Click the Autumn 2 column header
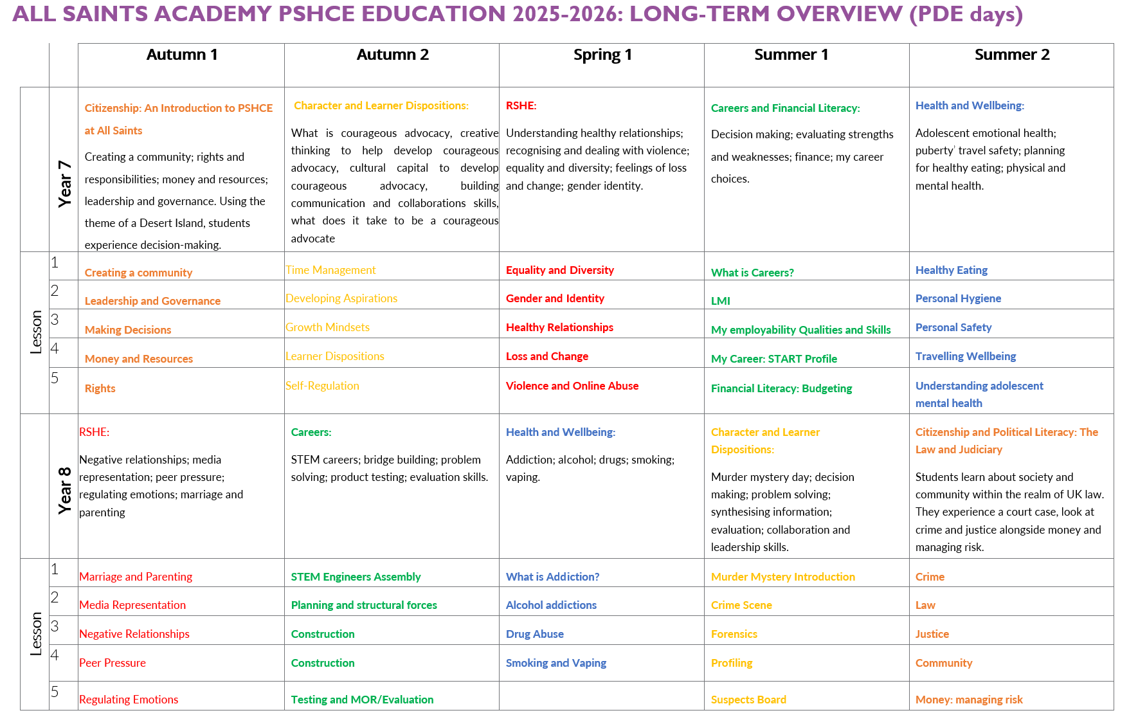[392, 55]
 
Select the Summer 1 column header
[791, 55]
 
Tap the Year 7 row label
[64, 183]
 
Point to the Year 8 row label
[64, 490]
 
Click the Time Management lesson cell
[330, 270]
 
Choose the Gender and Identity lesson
[555, 298]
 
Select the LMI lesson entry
[720, 301]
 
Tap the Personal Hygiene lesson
[958, 298]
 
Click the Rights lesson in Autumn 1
[100, 388]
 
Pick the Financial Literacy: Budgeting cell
[781, 388]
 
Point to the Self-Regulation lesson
[322, 386]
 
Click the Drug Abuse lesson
[534, 634]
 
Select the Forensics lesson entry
[734, 634]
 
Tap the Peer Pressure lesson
[113, 663]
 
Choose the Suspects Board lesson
[748, 700]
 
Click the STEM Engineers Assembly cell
[356, 577]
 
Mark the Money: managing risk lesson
[969, 700]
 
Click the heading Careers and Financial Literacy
[785, 108]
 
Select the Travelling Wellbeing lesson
[966, 356]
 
